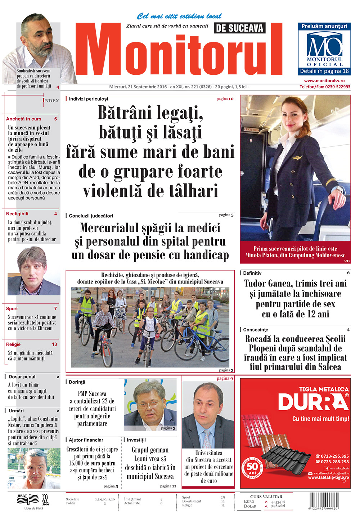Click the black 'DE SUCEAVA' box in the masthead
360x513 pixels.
point(239,28)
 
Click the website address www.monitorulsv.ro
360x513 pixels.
point(324,81)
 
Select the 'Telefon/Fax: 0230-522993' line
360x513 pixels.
point(325,87)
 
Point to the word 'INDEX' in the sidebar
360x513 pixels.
point(51,100)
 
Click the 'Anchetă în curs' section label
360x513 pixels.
point(24,119)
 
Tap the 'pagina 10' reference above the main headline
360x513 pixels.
point(225,99)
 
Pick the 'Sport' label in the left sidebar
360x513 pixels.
point(12,308)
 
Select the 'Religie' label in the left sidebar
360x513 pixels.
point(13,344)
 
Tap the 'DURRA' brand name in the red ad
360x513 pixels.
point(313,402)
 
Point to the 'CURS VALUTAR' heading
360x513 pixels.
point(266,496)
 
